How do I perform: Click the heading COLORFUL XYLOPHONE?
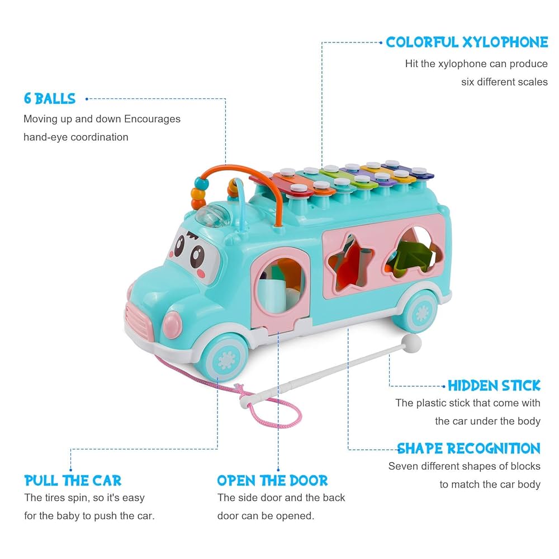coord(467,42)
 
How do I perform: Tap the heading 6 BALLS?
coord(50,99)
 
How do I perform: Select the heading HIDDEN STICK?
coord(494,385)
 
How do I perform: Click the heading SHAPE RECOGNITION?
coord(468,448)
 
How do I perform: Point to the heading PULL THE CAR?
coord(73,480)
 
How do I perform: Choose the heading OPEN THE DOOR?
coord(272,480)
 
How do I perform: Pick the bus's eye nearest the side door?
coord(197,256)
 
